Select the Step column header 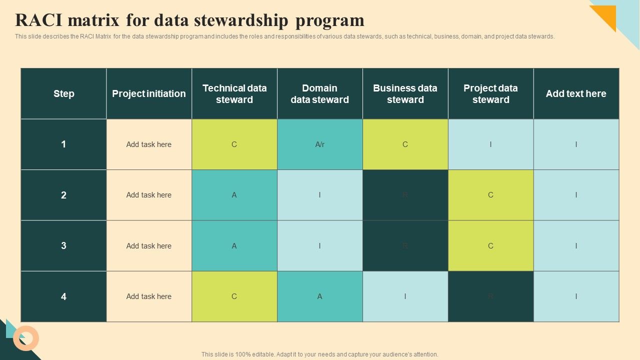coord(63,93)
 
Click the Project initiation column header coord(149,93)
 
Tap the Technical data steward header coord(234,93)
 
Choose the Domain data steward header coord(319,93)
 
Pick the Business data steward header coord(405,93)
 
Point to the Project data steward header coord(490,93)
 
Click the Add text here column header coord(576,93)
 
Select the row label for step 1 coord(63,144)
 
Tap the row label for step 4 coord(63,296)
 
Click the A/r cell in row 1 coord(319,144)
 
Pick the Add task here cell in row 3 coord(149,246)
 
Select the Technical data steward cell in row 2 coord(234,195)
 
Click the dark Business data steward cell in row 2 coord(405,195)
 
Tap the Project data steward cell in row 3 coord(490,246)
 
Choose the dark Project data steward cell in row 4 coord(490,296)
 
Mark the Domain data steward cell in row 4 coord(319,296)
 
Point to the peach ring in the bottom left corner coord(26,338)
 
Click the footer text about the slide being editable coord(319,354)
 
